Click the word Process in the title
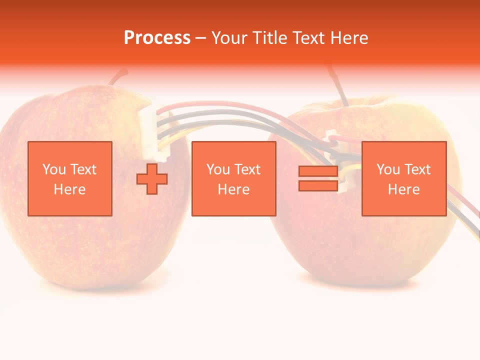click(157, 38)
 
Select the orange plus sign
click(152, 178)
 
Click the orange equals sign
click(318, 178)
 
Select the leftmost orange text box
click(70, 178)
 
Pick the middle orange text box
click(234, 178)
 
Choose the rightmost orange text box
click(404, 178)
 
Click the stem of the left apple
click(118, 77)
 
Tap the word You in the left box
click(53, 169)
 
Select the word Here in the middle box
click(234, 189)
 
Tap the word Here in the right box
click(404, 189)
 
